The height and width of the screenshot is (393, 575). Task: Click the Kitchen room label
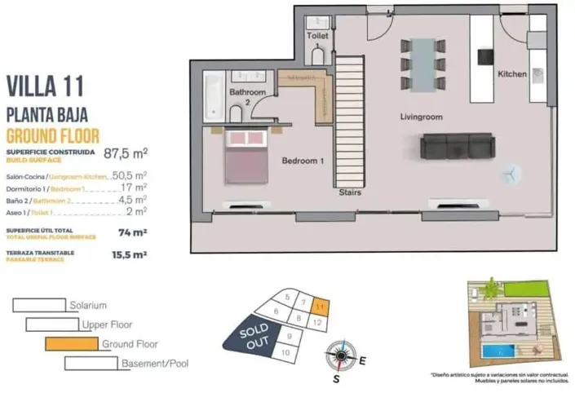[512, 74]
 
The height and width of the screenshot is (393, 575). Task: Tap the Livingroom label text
[421, 117]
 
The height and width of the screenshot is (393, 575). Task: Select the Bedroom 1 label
[303, 161]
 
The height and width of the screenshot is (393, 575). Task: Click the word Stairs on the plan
[351, 193]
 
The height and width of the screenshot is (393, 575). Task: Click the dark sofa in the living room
[457, 146]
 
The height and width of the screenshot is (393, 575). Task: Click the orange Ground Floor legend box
[72, 344]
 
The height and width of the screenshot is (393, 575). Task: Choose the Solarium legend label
[88, 306]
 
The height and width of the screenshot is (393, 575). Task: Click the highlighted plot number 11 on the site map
[321, 307]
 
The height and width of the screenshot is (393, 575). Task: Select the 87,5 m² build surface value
[126, 152]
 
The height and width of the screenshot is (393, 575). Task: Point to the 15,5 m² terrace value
[128, 255]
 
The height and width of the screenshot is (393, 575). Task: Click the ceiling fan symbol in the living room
[510, 174]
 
